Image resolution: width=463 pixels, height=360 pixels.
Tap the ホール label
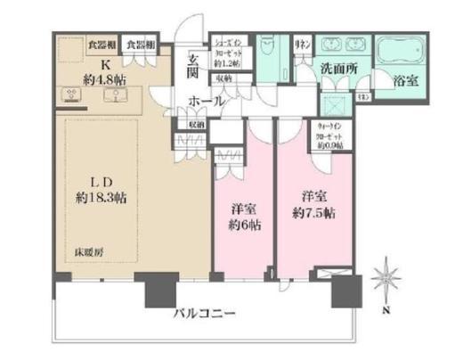tap(207, 102)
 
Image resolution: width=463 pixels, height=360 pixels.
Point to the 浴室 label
tap(406, 79)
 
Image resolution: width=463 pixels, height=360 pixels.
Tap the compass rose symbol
tap(388, 275)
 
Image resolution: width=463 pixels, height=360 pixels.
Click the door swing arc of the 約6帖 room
tap(261, 129)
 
